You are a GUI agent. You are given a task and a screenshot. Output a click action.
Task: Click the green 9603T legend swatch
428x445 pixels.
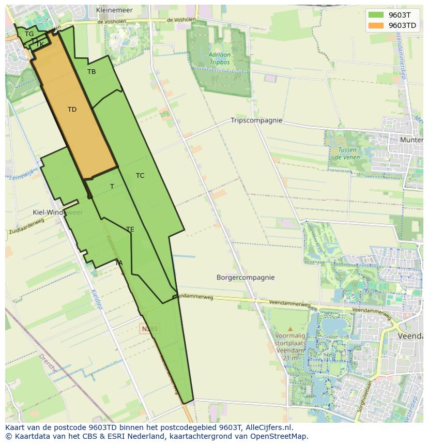(x=376, y=16)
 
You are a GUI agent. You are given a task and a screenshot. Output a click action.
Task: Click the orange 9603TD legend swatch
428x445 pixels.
(x=376, y=25)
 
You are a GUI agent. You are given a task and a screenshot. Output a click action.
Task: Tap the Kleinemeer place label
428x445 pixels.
(x=114, y=10)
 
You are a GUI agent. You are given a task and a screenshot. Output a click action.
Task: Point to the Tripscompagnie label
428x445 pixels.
(x=256, y=120)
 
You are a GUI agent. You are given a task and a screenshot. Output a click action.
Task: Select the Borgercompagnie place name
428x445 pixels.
(x=246, y=278)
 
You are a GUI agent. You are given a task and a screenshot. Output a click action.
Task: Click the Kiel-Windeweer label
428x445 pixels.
(x=57, y=212)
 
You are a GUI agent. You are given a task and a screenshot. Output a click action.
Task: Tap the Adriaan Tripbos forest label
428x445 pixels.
(x=220, y=58)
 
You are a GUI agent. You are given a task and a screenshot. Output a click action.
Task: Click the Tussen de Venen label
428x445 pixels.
(x=347, y=153)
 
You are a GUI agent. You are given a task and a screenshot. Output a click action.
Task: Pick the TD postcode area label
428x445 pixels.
(x=72, y=110)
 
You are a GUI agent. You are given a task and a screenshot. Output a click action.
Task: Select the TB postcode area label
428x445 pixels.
(x=91, y=72)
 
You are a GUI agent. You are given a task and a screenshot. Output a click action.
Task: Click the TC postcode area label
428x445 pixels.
(x=140, y=176)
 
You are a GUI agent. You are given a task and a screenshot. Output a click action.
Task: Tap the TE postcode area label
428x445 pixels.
(x=130, y=229)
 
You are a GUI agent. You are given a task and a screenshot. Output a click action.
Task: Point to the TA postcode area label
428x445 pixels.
(x=119, y=263)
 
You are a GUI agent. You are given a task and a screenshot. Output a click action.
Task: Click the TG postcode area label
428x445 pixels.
(x=29, y=34)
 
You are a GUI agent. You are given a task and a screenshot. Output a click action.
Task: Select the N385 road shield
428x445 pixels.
(x=149, y=328)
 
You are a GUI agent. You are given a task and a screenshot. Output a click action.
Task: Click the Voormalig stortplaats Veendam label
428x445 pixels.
(x=290, y=343)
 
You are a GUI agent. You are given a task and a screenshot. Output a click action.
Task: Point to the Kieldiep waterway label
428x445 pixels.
(x=97, y=299)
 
